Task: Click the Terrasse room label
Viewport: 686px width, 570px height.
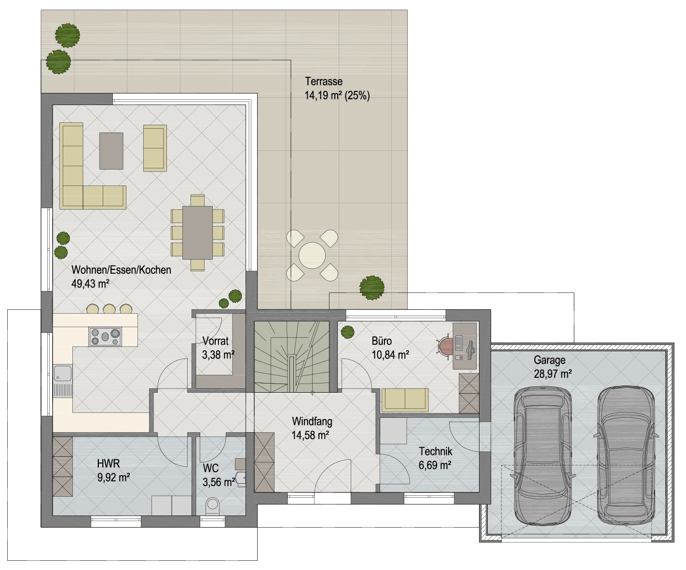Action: click(324, 81)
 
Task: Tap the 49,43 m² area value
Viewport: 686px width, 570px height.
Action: click(90, 283)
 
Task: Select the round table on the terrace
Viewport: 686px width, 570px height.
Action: click(312, 255)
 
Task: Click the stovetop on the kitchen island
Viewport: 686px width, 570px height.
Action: click(105, 336)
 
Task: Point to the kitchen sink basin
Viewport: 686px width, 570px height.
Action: click(63, 373)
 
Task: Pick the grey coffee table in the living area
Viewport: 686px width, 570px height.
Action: click(111, 151)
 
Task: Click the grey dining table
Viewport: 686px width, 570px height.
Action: click(197, 233)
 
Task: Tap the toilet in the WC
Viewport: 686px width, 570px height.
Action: click(212, 506)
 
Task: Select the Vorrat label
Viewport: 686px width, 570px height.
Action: click(216, 341)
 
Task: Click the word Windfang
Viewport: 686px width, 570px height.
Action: click(312, 421)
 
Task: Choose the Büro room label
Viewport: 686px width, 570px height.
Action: click(382, 341)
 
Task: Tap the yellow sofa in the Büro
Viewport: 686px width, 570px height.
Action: click(405, 400)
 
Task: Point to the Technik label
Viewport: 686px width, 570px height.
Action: click(436, 451)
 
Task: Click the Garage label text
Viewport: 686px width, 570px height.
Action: click(549, 360)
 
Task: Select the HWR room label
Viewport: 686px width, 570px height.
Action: click(109, 464)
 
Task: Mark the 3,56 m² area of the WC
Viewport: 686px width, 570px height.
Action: click(219, 482)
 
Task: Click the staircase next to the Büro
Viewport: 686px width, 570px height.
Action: click(292, 357)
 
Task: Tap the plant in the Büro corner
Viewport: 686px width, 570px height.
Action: click(347, 332)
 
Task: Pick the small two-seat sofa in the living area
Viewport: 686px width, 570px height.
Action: click(155, 148)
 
